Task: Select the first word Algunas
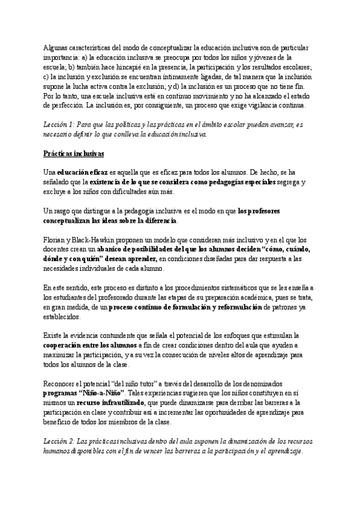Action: click(57, 48)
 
